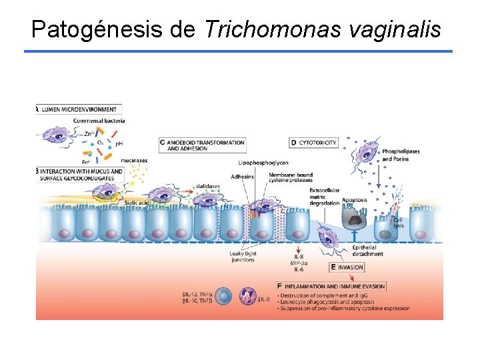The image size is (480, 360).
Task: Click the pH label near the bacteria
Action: tap(119, 144)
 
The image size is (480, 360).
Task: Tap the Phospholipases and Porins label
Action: tap(401, 155)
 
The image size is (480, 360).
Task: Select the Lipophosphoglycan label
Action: tap(263, 163)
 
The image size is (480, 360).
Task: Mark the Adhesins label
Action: tap(242, 176)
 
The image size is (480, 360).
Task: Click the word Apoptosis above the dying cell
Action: tap(354, 199)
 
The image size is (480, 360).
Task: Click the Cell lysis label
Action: tap(398, 222)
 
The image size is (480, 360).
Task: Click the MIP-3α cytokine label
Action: tap(301, 263)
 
